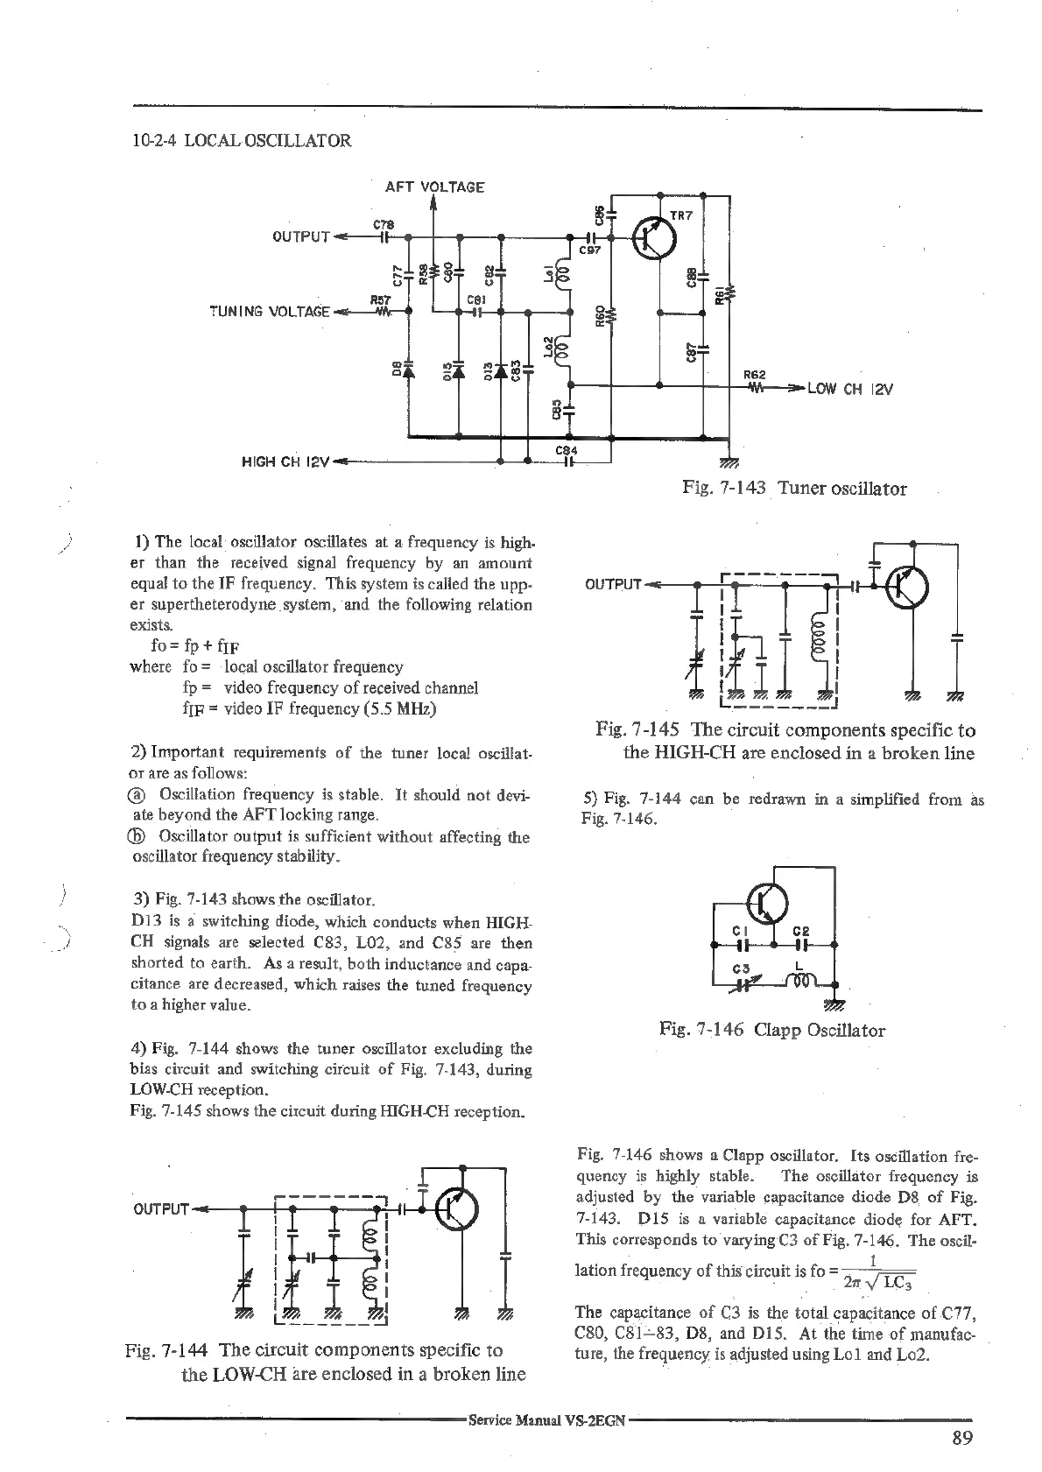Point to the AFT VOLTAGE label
[434, 187]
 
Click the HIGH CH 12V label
[285, 461]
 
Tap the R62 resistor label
[755, 374]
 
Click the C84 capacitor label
[566, 450]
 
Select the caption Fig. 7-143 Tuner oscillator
[794, 489]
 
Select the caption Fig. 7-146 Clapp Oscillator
[771, 1030]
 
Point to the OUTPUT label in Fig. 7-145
[613, 584]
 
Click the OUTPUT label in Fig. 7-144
[162, 1209]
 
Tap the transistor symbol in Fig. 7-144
[458, 1209]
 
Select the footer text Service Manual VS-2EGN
[546, 1420]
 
